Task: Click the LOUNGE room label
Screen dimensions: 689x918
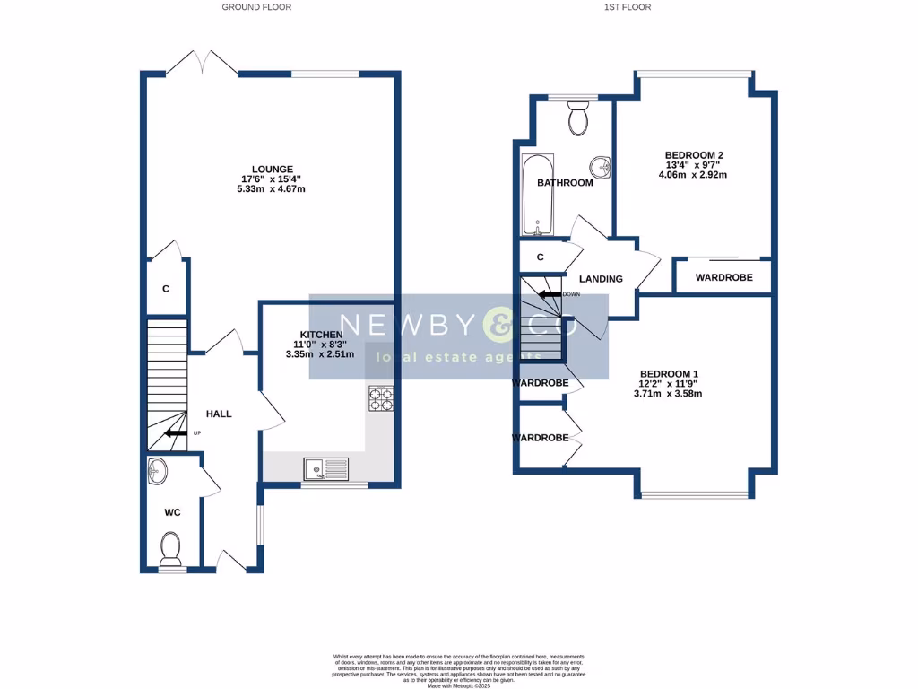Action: [273, 169]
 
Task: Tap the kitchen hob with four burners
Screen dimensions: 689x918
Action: [380, 398]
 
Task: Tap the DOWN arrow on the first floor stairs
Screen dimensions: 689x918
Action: [550, 293]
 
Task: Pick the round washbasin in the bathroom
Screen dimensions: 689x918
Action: [602, 166]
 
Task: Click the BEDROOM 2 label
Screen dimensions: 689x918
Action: [693, 155]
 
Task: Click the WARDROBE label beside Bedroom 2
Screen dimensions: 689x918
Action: [723, 277]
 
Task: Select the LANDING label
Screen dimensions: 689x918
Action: [601, 279]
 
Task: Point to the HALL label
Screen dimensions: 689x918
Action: [219, 414]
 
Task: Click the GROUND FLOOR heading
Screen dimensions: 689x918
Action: [257, 7]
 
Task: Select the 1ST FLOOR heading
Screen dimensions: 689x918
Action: [628, 7]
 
